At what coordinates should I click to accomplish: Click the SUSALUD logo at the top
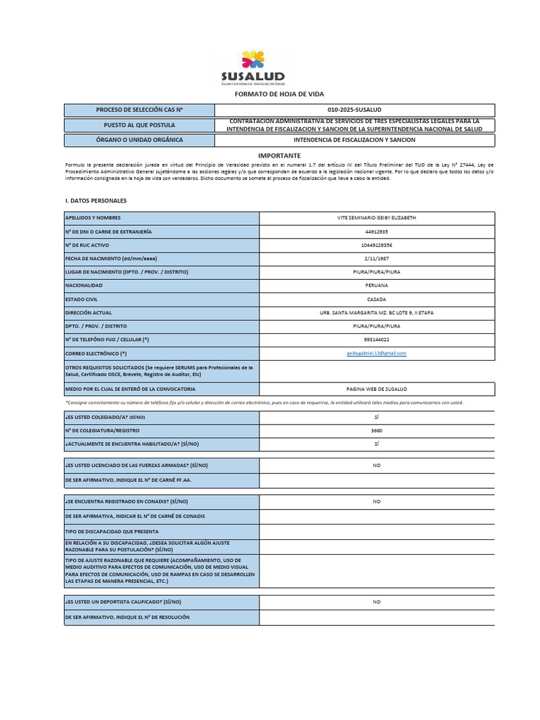(x=252, y=68)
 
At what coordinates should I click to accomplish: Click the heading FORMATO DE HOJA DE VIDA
(x=278, y=94)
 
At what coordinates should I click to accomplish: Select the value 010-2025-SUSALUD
(x=354, y=110)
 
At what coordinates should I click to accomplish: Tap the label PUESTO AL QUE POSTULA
(x=139, y=124)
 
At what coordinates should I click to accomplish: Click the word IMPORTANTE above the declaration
(x=278, y=155)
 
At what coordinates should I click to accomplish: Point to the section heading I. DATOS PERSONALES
(x=96, y=200)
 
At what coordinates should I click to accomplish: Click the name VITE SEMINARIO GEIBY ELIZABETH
(x=377, y=218)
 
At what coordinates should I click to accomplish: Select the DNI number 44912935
(x=377, y=231)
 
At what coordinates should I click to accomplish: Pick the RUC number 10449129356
(x=377, y=245)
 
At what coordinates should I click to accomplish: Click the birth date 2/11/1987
(x=377, y=258)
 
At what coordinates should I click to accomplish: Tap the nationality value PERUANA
(x=377, y=285)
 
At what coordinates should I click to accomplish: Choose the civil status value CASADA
(x=377, y=299)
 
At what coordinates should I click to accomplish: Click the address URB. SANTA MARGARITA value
(x=377, y=312)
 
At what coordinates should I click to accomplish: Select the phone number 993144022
(x=377, y=340)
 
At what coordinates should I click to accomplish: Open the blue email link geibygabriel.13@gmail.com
(x=377, y=353)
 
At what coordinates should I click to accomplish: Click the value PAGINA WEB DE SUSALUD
(x=377, y=389)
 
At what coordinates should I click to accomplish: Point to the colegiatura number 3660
(x=377, y=430)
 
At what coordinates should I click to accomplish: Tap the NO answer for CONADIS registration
(x=377, y=501)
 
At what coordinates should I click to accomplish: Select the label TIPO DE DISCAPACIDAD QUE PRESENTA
(x=112, y=532)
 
